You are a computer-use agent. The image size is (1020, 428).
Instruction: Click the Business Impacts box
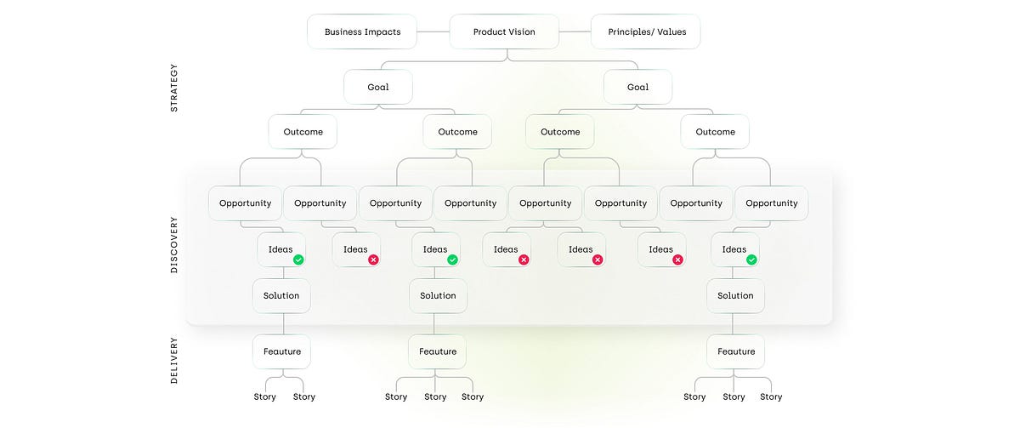(362, 32)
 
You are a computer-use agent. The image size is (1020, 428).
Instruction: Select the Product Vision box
(504, 32)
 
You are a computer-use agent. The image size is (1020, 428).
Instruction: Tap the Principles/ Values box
(646, 32)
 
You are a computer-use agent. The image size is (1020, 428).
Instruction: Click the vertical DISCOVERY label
(174, 245)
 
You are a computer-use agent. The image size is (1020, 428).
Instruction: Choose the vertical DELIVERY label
(174, 360)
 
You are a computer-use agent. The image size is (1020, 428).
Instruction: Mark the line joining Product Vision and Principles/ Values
(575, 32)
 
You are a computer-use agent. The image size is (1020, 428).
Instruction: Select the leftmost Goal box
(378, 87)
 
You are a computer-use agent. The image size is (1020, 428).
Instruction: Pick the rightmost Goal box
(637, 87)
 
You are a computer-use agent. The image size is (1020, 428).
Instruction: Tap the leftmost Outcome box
(303, 132)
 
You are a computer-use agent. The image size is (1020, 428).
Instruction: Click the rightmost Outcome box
(715, 132)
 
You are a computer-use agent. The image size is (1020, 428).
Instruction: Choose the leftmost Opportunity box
(245, 203)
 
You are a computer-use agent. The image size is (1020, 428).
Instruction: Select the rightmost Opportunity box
(771, 203)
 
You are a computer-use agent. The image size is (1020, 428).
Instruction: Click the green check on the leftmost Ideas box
(298, 260)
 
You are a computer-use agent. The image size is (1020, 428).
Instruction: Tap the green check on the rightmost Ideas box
(751, 260)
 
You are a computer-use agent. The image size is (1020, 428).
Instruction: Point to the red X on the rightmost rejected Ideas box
(677, 260)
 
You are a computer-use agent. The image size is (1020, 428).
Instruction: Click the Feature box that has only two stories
(281, 351)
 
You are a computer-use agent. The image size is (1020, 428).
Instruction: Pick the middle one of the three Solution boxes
(438, 295)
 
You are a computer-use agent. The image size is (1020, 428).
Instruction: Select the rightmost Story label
(771, 397)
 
